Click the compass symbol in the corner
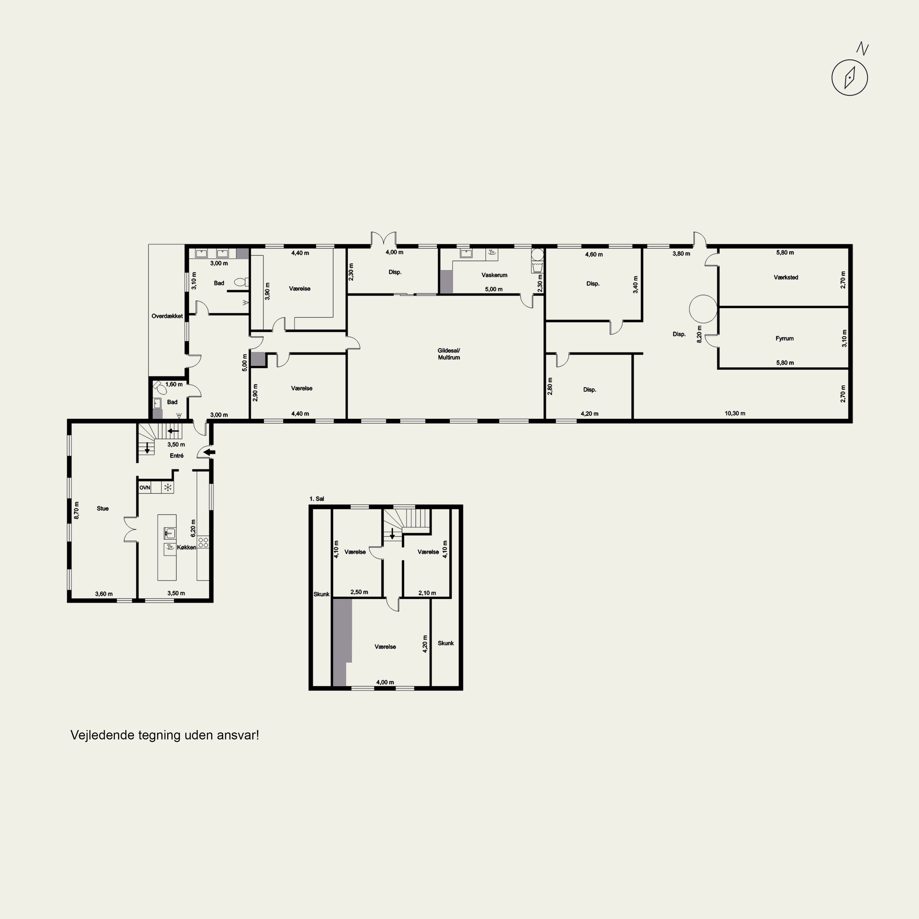tap(849, 78)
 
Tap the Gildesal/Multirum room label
tap(448, 354)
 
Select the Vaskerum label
tap(494, 275)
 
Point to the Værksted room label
tap(786, 277)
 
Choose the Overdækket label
tap(167, 316)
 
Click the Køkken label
tap(187, 547)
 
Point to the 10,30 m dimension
tap(735, 413)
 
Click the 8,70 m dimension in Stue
tap(77, 510)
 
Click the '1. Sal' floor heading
tap(316, 499)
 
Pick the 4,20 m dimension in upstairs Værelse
tap(425, 644)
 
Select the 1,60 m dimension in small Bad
tap(174, 384)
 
